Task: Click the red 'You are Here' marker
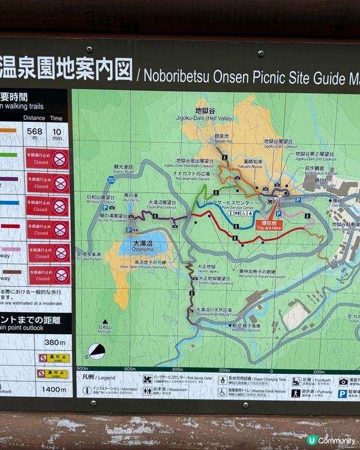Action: tap(268, 225)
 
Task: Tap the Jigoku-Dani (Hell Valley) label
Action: tap(209, 114)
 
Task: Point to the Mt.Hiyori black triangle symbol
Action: tap(105, 322)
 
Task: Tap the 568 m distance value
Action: tap(34, 133)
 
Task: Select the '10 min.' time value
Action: tap(57, 133)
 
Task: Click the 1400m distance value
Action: tap(55, 389)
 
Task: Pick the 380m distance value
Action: tap(55, 343)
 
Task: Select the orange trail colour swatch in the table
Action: tap(8, 131)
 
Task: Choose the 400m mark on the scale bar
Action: tap(177, 369)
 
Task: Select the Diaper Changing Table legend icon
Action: tap(223, 380)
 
